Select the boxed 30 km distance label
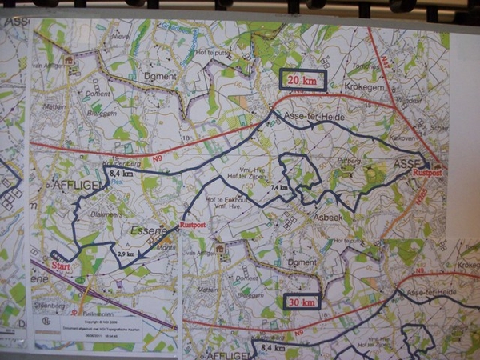pyautogui.click(x=302, y=301)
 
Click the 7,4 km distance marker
pyautogui.click(x=279, y=186)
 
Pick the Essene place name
pyautogui.click(x=148, y=230)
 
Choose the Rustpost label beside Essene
pyautogui.click(x=193, y=226)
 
